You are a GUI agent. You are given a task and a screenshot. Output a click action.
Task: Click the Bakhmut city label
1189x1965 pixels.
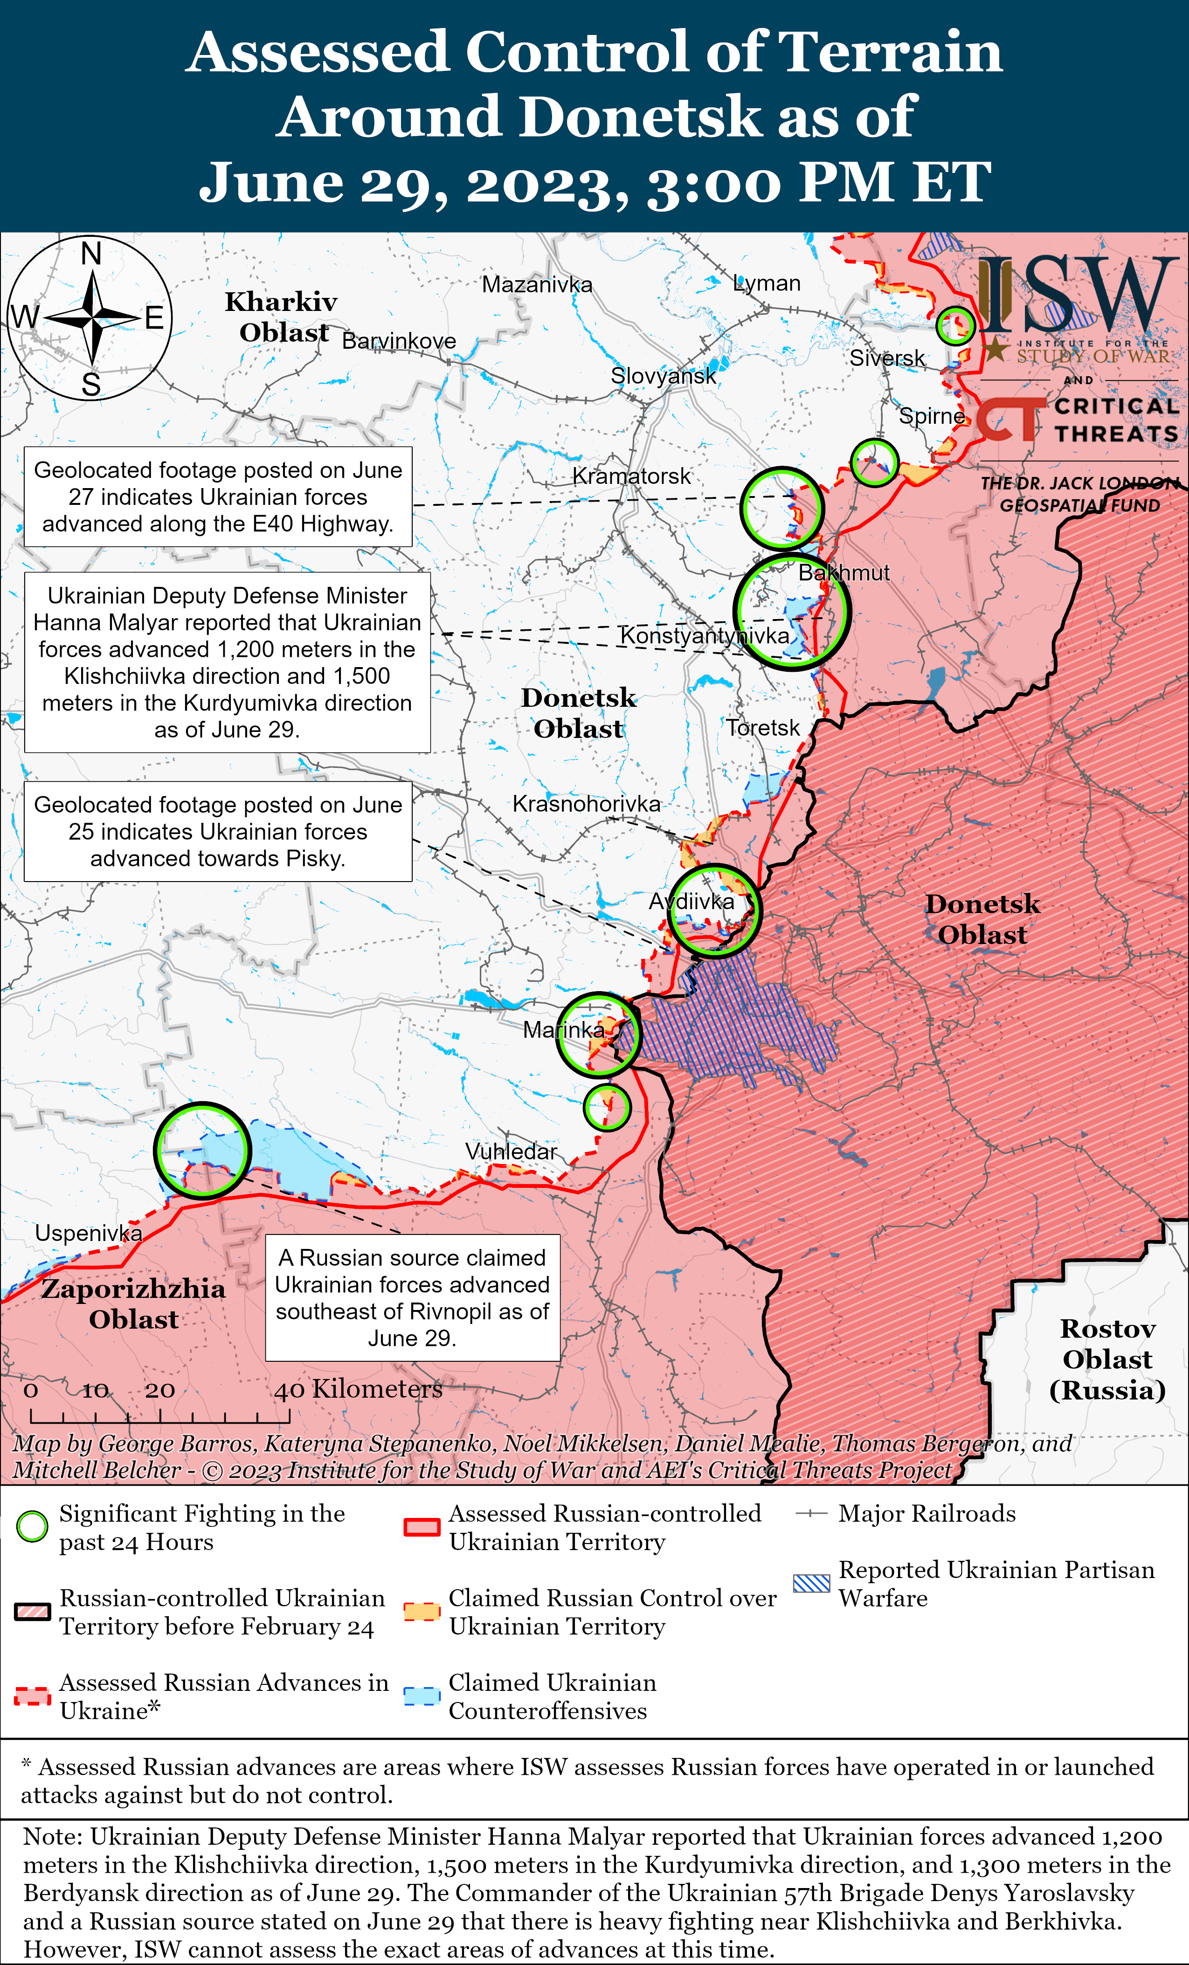(x=843, y=572)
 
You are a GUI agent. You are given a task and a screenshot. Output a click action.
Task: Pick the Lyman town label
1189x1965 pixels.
(x=767, y=283)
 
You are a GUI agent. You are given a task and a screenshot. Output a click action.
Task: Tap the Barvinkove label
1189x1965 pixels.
(x=399, y=341)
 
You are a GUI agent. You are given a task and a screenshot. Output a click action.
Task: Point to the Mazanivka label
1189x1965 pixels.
(x=537, y=285)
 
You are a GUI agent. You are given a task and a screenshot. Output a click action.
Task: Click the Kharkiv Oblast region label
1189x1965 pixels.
(x=282, y=317)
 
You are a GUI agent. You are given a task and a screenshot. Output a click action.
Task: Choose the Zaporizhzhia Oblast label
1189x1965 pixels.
(x=133, y=1303)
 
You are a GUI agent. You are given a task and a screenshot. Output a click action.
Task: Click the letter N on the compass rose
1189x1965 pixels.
(x=92, y=254)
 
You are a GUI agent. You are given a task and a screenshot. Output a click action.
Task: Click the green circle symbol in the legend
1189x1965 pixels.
(x=33, y=1526)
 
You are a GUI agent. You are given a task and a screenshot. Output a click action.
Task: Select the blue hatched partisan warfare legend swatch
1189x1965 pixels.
(x=812, y=1583)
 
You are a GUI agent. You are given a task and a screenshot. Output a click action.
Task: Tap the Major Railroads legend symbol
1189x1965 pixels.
(x=812, y=1514)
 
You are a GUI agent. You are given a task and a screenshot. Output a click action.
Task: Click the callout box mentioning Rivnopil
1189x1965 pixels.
(x=412, y=1297)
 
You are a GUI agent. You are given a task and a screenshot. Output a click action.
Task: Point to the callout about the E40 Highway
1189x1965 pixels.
(x=218, y=497)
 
